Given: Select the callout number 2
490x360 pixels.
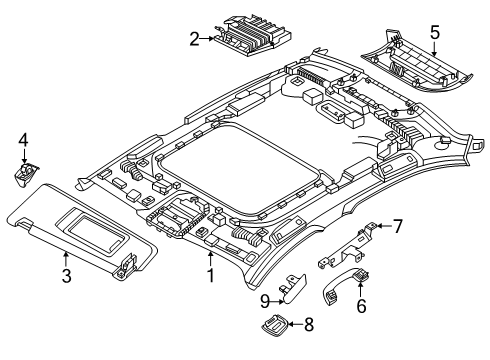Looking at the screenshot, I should coord(194,39).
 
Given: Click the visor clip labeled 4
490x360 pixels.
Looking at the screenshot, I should coord(23,173).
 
